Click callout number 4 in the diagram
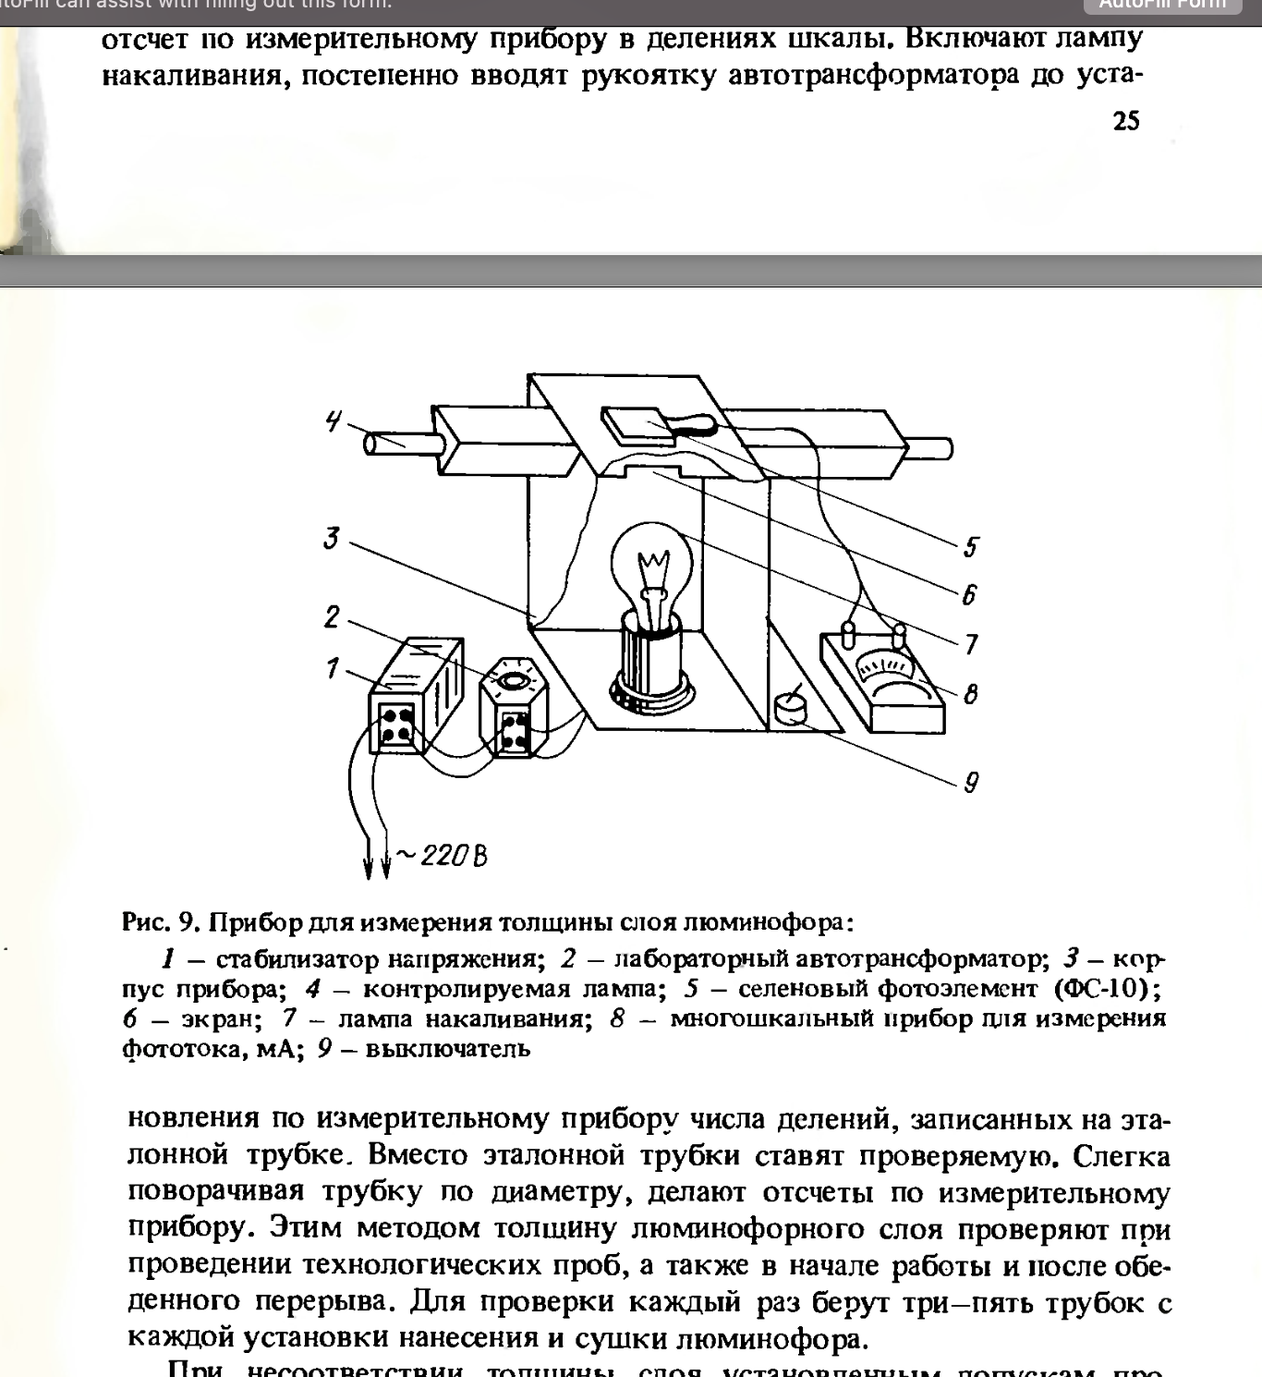click(333, 421)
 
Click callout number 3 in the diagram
click(331, 538)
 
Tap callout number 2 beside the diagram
click(332, 616)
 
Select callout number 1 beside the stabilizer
click(332, 668)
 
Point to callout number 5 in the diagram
click(970, 547)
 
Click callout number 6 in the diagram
click(969, 594)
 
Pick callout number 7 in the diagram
click(971, 644)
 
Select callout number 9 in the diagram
click(971, 783)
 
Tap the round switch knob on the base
click(790, 708)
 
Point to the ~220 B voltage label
click(443, 857)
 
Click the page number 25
click(1126, 121)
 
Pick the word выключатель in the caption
click(448, 1049)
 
